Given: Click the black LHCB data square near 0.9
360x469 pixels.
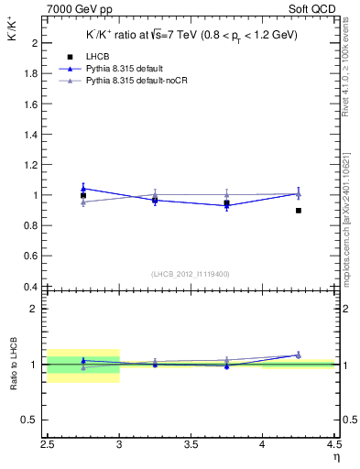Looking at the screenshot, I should click(x=299, y=211).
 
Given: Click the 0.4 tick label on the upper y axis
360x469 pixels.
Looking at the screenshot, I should click(x=33, y=287).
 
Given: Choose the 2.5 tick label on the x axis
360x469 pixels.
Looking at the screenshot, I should click(x=48, y=445).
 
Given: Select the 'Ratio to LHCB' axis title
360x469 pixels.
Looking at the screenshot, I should click(x=13, y=364).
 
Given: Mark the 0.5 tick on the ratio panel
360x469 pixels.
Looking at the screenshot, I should click(x=33, y=420).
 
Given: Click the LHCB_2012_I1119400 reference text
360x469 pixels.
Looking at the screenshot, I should click(x=191, y=274).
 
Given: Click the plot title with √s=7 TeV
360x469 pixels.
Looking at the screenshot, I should click(x=192, y=35).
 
